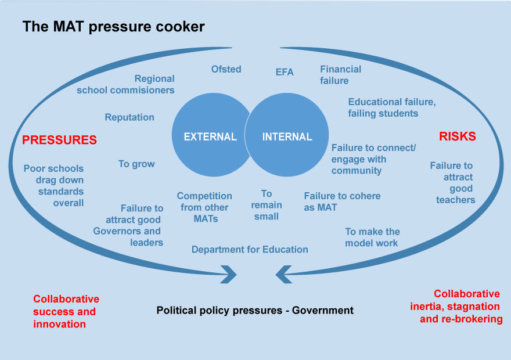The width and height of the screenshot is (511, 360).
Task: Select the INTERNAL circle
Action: (288, 137)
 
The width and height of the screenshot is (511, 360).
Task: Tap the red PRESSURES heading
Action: (59, 140)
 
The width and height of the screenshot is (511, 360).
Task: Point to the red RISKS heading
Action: (457, 136)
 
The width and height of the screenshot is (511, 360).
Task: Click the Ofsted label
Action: (226, 69)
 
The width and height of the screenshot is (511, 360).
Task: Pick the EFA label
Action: (285, 72)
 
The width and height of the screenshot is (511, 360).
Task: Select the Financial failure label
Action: (340, 75)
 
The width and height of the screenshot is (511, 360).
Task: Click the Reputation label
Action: (129, 117)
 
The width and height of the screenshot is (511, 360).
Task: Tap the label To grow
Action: (136, 164)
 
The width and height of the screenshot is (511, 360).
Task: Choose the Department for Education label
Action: (250, 249)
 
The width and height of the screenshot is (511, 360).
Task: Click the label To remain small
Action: (267, 204)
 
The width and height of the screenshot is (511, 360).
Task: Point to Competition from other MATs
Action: (204, 207)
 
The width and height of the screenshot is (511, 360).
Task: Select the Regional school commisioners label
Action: (125, 84)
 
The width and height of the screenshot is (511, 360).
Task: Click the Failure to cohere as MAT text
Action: (342, 201)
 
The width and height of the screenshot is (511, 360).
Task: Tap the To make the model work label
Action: (372, 237)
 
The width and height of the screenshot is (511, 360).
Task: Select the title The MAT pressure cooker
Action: (113, 27)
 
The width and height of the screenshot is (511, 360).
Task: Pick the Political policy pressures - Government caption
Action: (255, 310)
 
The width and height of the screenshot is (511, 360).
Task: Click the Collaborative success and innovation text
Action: (66, 311)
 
